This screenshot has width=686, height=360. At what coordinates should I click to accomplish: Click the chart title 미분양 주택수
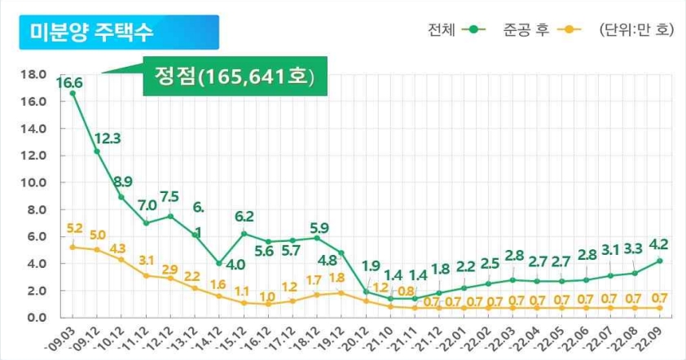pyautogui.click(x=90, y=33)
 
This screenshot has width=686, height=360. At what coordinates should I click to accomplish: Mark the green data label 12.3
pyautogui.click(x=107, y=138)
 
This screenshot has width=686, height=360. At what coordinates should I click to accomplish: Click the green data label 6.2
pyautogui.click(x=244, y=217)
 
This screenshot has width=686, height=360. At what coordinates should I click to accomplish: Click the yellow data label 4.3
pyautogui.click(x=118, y=248)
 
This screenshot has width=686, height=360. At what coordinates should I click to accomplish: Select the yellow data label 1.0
pyautogui.click(x=267, y=296)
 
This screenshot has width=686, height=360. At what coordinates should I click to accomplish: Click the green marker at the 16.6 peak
pyautogui.click(x=73, y=94)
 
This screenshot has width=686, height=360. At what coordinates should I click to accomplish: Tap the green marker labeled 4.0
pyautogui.click(x=218, y=263)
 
